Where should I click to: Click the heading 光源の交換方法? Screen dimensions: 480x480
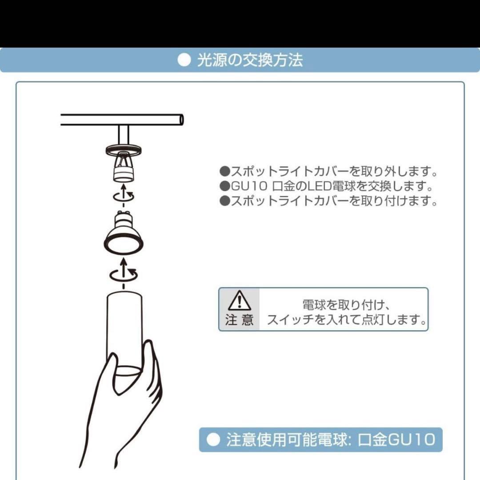[249, 60]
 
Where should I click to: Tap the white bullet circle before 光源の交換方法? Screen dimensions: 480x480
[184, 60]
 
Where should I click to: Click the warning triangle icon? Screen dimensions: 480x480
[239, 301]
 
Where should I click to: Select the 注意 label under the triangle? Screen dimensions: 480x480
[239, 320]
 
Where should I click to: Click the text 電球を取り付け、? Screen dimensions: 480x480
[346, 305]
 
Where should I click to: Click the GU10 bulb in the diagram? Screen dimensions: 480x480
[123, 234]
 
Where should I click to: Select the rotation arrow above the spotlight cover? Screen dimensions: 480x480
[123, 273]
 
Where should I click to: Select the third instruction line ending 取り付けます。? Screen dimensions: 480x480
[329, 201]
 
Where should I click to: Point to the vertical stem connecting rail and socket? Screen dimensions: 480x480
[123, 135]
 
